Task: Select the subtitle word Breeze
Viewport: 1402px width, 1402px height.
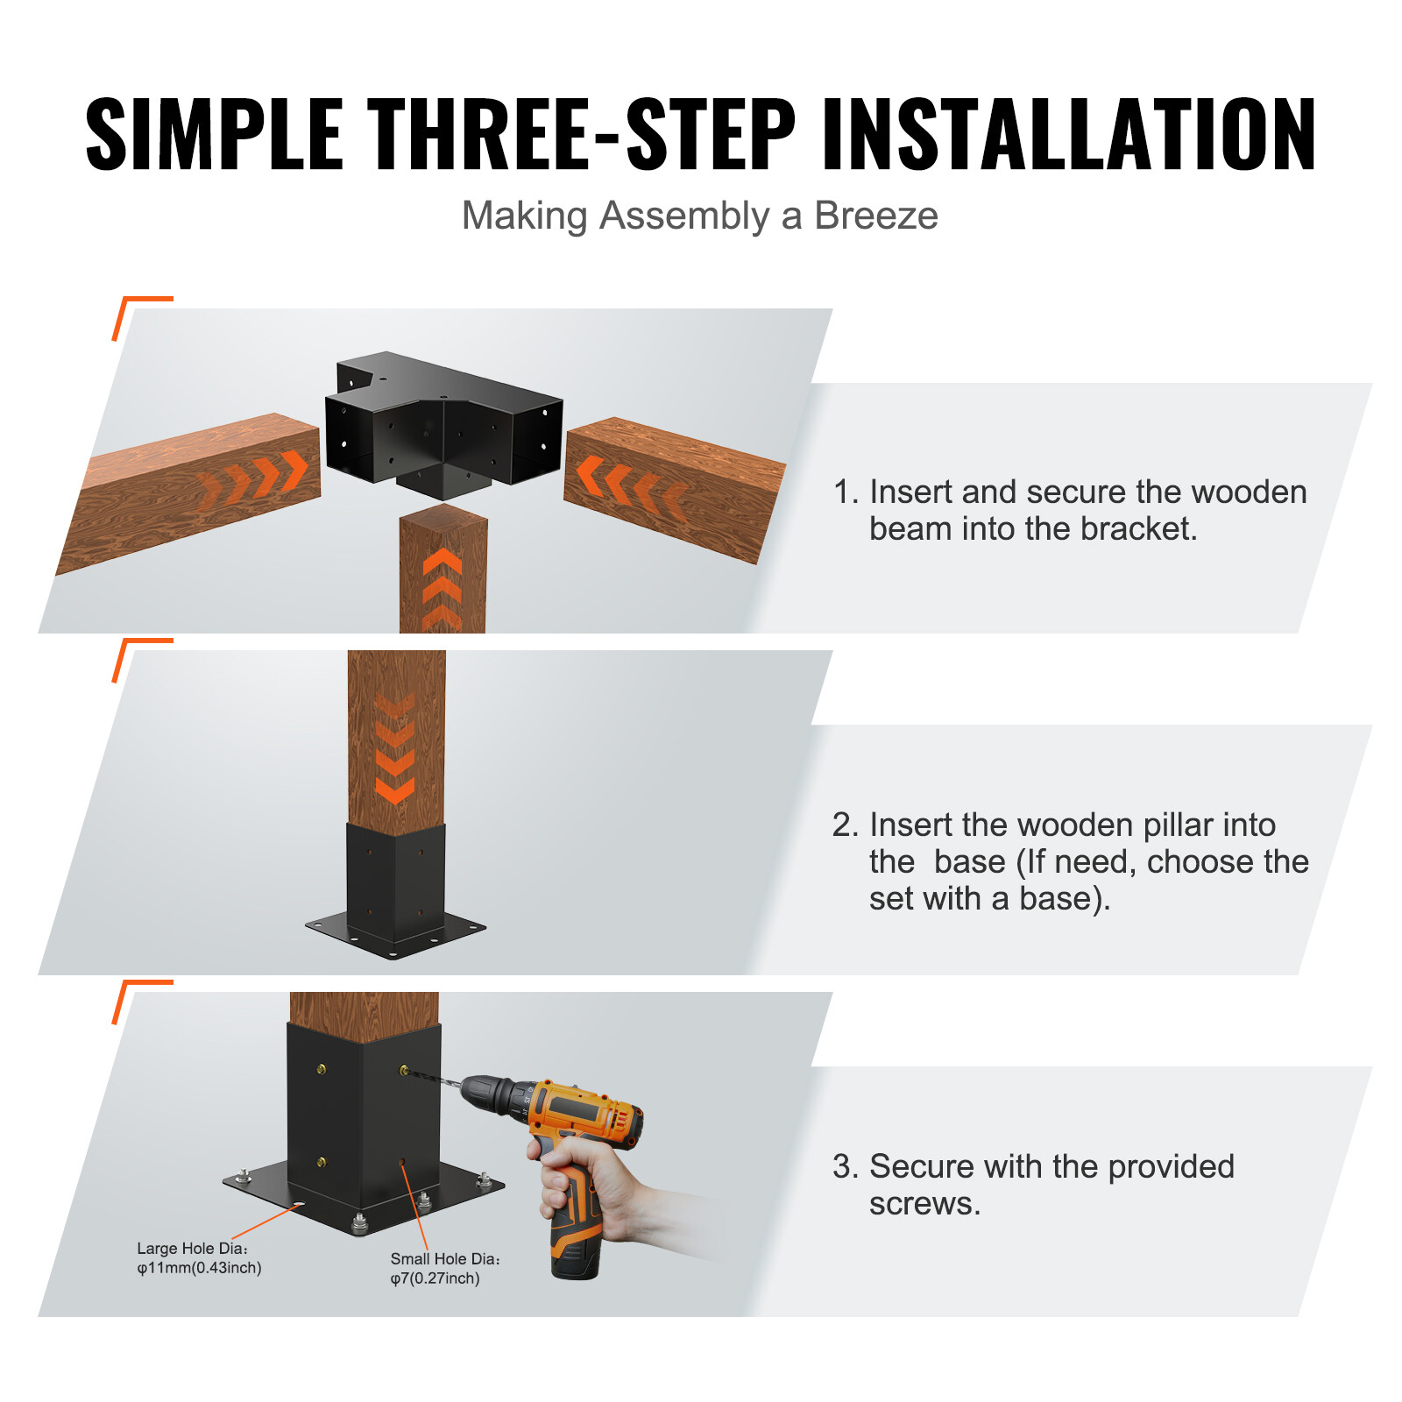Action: point(875,216)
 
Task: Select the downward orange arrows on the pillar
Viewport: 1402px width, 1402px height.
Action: point(395,749)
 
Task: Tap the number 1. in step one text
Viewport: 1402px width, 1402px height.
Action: point(845,492)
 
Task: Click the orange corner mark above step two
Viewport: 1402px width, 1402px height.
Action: point(140,653)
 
